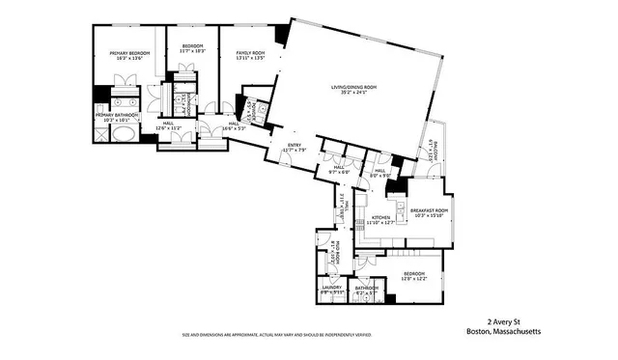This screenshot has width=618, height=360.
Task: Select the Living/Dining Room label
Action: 354,89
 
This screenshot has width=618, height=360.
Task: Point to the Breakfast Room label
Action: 429,210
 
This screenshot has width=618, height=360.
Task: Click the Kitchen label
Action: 381,218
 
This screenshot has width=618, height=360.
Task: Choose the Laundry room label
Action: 332,287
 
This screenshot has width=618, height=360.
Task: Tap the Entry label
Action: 294,146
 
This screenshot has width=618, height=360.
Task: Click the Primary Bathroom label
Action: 117,115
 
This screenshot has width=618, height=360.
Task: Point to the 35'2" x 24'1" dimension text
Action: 354,95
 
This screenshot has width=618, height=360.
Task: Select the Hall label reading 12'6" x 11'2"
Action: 167,126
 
